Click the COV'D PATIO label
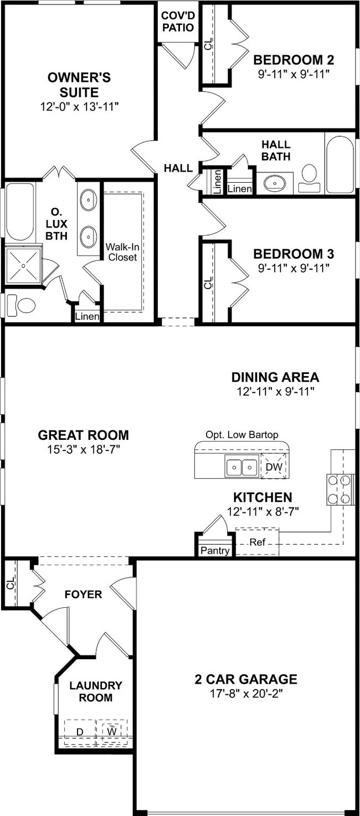click(x=178, y=22)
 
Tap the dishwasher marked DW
click(x=274, y=466)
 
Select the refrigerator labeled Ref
click(x=257, y=542)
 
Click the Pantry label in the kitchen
click(x=215, y=551)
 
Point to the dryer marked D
click(x=80, y=731)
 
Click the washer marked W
click(x=112, y=731)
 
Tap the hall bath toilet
click(x=310, y=178)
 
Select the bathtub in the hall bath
click(x=340, y=165)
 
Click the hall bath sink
click(x=274, y=183)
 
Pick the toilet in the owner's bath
click(x=22, y=305)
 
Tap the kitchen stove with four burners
click(x=340, y=489)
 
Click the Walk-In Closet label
click(x=122, y=252)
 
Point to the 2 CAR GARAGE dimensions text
click(x=246, y=694)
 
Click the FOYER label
click(x=84, y=594)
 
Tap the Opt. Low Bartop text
click(x=242, y=435)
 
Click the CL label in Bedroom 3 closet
click(x=208, y=282)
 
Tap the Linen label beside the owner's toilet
click(x=87, y=316)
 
